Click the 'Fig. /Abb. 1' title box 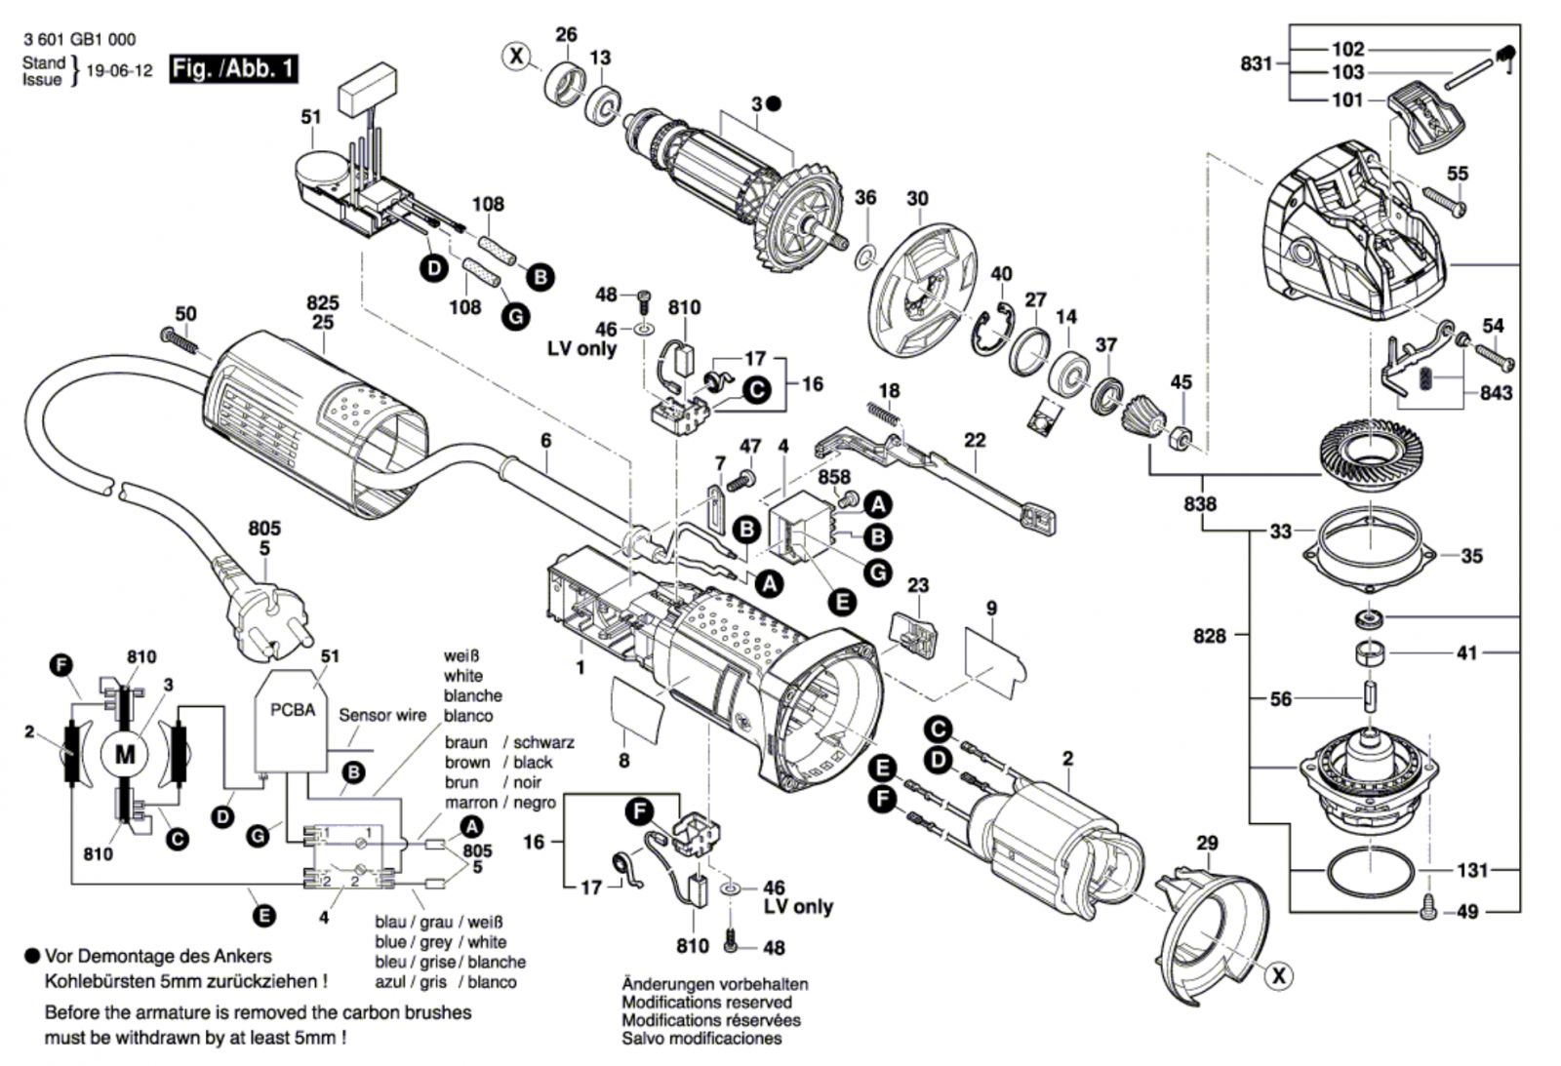(x=233, y=69)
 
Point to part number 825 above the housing (x=322, y=303)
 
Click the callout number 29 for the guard (x=1207, y=844)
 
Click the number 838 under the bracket (x=1200, y=504)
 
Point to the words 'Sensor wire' (x=382, y=715)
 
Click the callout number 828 (x=1209, y=636)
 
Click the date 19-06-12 (x=119, y=71)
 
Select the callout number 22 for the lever (x=975, y=441)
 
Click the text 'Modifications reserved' (x=706, y=1003)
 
